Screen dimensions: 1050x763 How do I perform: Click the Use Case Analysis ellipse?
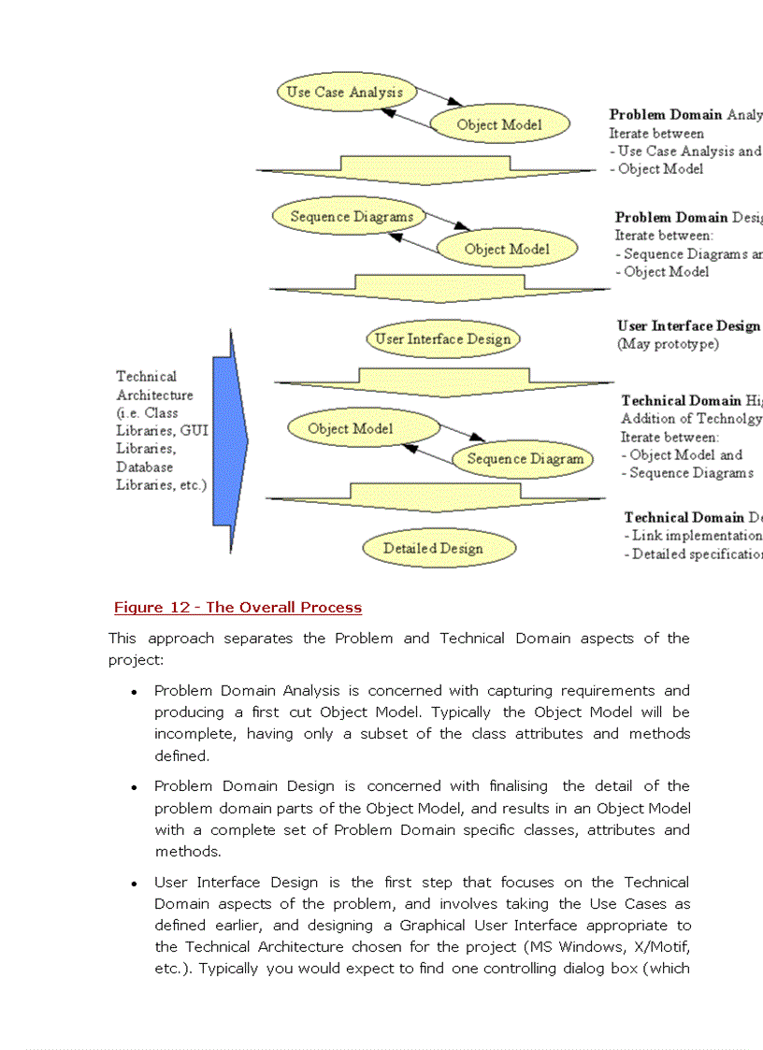[344, 92]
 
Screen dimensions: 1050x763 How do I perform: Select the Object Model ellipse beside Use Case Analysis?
[499, 124]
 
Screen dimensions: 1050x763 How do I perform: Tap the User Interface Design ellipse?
[442, 338]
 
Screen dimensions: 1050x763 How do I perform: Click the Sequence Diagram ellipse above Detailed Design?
[525, 458]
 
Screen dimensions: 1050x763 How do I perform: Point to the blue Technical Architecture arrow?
[228, 439]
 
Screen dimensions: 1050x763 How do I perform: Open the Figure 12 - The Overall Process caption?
[238, 608]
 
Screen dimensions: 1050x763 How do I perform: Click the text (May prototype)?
[668, 344]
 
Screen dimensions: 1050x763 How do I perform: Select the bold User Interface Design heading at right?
[688, 325]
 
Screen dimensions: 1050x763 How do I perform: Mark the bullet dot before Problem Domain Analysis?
[135, 692]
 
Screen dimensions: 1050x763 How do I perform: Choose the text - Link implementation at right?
[693, 536]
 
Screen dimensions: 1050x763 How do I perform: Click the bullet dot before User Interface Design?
[135, 884]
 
